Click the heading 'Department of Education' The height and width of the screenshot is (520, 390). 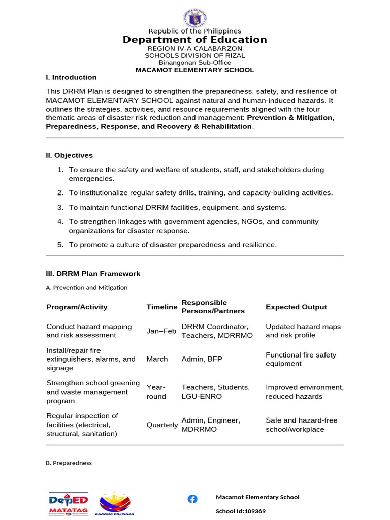click(194, 40)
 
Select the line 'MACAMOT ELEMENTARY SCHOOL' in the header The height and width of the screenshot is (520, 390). click(194, 70)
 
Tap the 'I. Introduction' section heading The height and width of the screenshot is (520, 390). click(71, 77)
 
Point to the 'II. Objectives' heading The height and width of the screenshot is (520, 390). click(70, 155)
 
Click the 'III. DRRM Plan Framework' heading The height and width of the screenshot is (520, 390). click(93, 274)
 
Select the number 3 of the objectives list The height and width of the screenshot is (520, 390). click(60, 207)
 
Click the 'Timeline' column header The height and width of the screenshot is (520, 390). click(162, 307)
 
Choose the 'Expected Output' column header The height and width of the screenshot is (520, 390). click(296, 307)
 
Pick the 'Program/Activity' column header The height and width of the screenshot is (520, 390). click(77, 307)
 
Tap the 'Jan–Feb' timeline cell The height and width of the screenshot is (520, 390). click(161, 331)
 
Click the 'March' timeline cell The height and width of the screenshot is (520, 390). click(157, 359)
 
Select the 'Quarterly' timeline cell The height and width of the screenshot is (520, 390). click(162, 425)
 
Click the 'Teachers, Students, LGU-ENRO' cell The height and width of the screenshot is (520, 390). click(216, 392)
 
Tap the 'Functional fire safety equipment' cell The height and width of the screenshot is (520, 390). click(301, 359)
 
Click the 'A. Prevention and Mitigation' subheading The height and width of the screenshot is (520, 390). click(86, 287)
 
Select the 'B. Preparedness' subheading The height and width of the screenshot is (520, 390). click(69, 463)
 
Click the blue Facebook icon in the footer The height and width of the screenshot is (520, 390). click(192, 499)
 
